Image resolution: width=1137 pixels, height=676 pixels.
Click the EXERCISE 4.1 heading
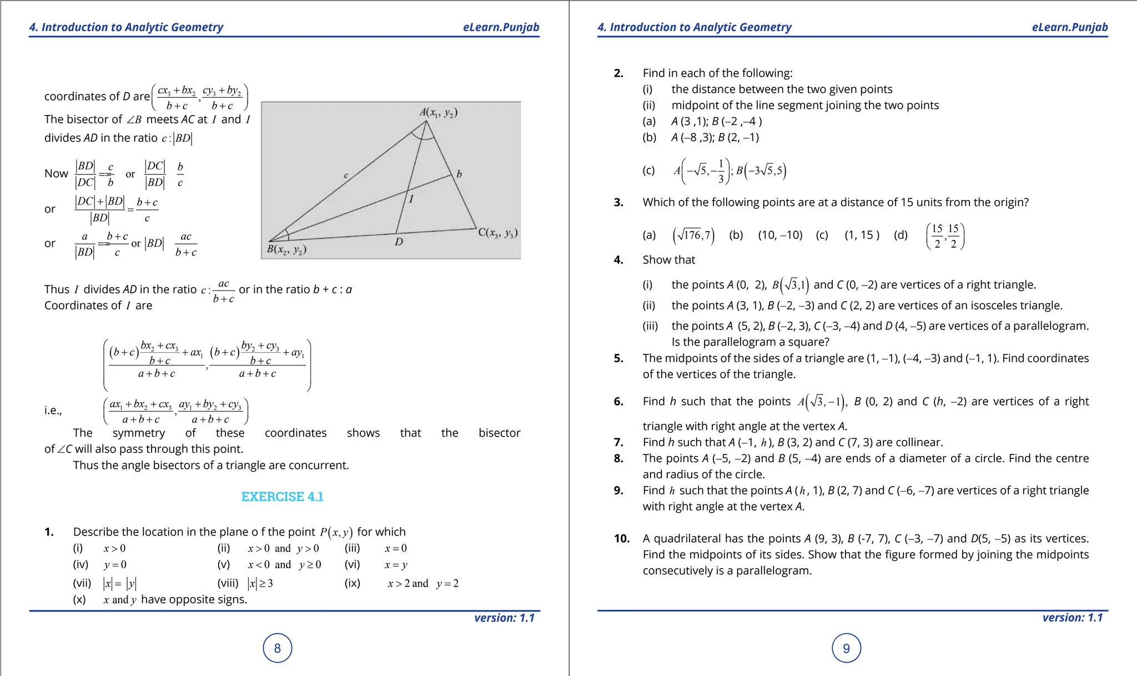pos(282,497)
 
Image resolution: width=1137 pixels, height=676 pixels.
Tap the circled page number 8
pos(278,648)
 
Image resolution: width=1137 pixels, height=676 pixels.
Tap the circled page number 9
pos(846,648)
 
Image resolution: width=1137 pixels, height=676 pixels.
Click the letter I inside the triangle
pos(411,199)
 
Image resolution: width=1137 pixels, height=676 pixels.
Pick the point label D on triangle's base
pos(399,242)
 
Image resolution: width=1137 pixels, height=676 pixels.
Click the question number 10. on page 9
pos(621,538)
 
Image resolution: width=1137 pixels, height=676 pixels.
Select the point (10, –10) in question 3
pos(780,235)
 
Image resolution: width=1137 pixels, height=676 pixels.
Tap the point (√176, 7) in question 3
pos(693,236)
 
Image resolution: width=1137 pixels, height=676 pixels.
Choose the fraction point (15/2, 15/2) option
pos(945,236)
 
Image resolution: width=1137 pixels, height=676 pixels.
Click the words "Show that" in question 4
pos(668,260)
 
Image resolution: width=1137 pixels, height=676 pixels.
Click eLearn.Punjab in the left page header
pos(501,27)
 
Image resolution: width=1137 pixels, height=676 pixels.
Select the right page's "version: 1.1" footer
pos(1072,618)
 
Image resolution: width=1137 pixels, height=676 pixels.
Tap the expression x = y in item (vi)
pos(396,565)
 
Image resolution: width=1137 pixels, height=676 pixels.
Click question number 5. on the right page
pos(618,358)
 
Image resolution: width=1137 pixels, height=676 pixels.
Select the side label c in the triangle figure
pos(346,176)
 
